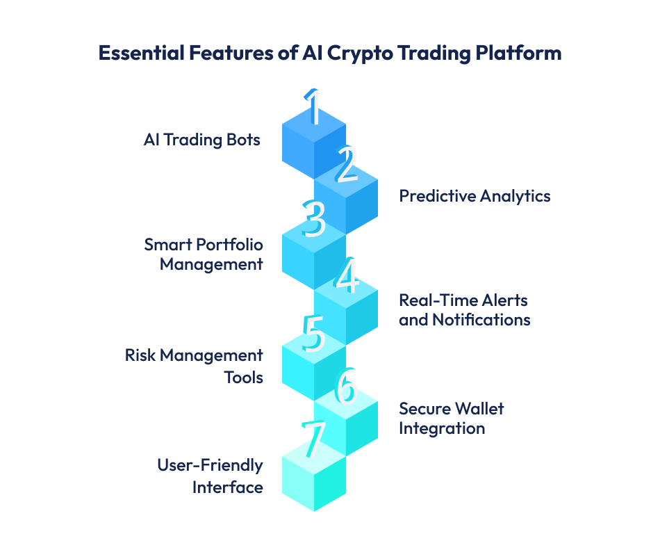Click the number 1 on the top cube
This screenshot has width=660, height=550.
(x=314, y=108)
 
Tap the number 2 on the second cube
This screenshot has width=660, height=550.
(x=345, y=165)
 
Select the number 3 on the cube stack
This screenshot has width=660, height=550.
(x=314, y=218)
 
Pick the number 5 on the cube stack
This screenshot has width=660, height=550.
(x=314, y=333)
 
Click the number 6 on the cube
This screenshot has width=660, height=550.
(x=345, y=388)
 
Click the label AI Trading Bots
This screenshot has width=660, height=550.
(x=201, y=140)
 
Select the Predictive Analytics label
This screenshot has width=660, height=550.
(x=475, y=196)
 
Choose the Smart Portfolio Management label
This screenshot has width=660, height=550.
(x=204, y=254)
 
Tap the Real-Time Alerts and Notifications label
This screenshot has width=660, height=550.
(x=464, y=309)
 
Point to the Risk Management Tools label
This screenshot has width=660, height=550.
(x=194, y=366)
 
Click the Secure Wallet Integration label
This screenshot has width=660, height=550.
(x=451, y=418)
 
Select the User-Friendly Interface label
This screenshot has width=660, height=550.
(x=210, y=476)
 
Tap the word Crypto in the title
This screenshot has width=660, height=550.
(x=357, y=54)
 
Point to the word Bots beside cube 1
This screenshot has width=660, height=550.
(x=244, y=140)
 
